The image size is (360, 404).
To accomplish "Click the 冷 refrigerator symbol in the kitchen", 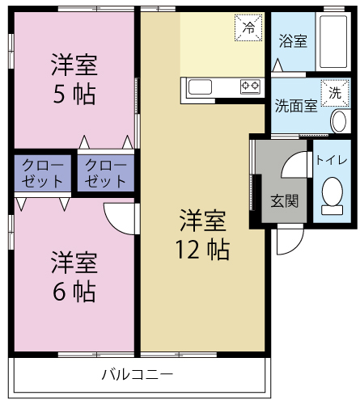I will point(248,27).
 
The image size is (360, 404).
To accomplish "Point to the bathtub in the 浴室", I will point(332,42).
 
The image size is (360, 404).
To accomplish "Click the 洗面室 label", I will point(295,105).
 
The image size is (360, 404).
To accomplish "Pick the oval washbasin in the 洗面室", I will point(338,122).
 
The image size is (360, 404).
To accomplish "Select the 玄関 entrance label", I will point(285,200).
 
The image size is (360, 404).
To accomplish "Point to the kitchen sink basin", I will point(201,86).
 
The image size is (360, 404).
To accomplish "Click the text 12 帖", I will point(202,249).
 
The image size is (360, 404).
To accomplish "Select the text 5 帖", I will point(74,94).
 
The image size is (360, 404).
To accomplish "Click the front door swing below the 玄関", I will point(286,240).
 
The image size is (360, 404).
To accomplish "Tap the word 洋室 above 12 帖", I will point(202,219).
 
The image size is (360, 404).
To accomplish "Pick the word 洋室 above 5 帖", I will point(74,63).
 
